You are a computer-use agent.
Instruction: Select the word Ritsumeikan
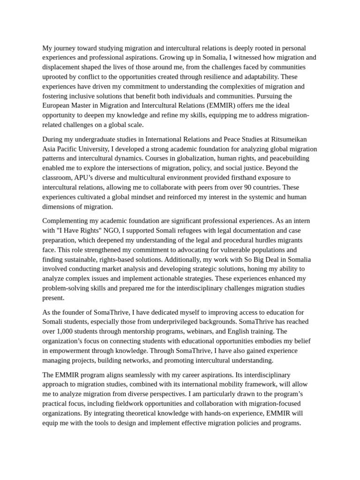(x=287, y=139)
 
